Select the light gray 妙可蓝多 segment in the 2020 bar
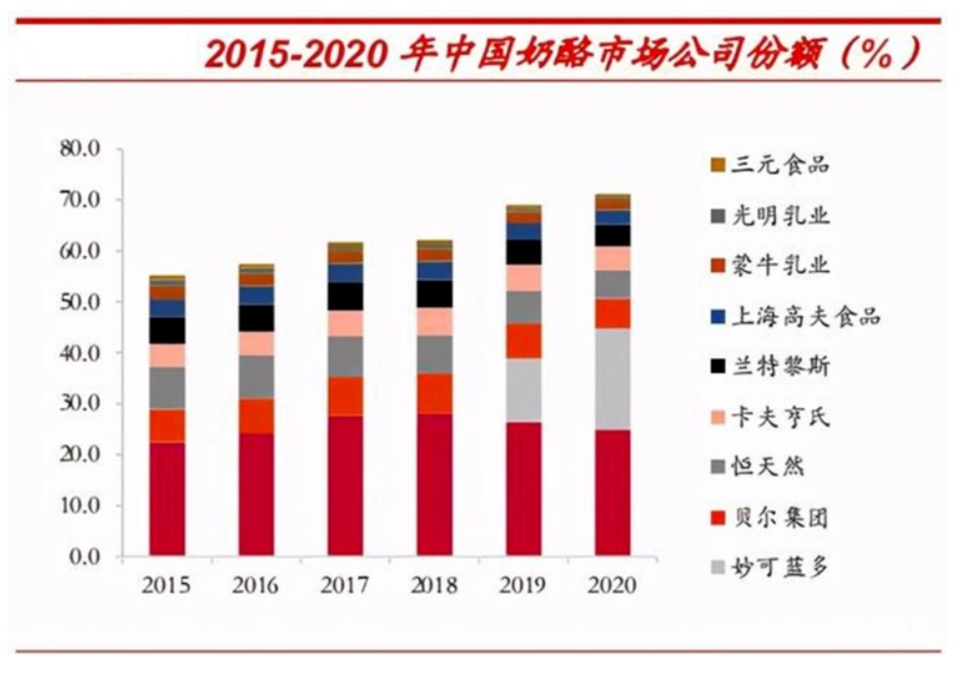coord(612,379)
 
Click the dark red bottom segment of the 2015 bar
coord(167,499)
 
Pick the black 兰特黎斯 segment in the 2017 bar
coord(344,296)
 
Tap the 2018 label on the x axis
coord(433,586)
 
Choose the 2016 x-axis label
coord(255,586)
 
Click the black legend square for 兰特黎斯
coord(717,367)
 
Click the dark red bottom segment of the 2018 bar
coord(433,484)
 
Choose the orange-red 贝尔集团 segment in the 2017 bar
coord(344,395)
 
